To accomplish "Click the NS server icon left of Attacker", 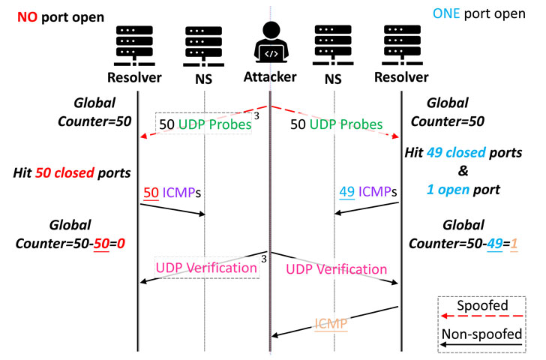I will pos(204,45).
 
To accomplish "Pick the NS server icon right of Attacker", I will pos(335,45).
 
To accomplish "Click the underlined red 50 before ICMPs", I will pos(150,193).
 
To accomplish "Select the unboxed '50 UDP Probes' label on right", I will pos(337,122).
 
